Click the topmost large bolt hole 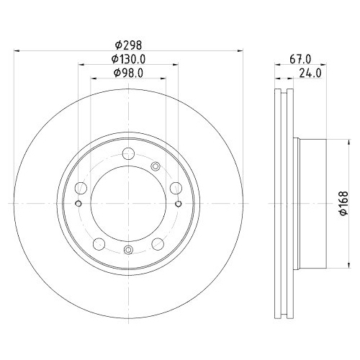point(128,153)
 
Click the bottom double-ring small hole point(128,250)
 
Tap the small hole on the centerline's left point(78,204)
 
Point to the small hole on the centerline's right point(179,204)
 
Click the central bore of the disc point(128,204)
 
